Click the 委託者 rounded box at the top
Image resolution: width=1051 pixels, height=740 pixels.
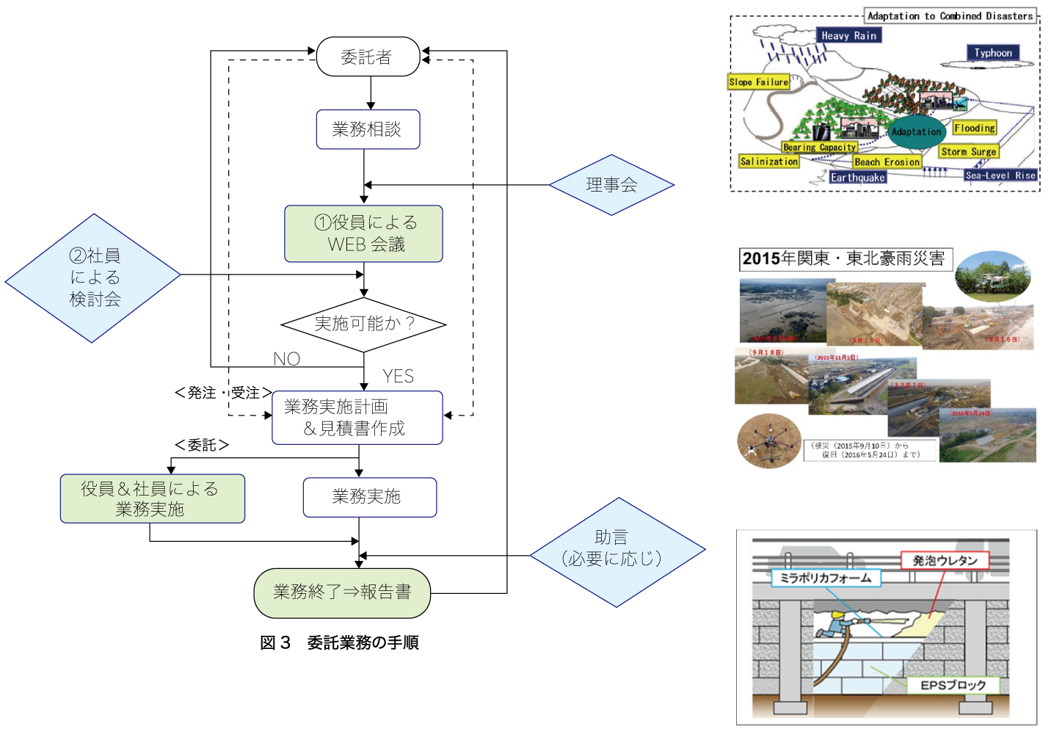[x=368, y=57]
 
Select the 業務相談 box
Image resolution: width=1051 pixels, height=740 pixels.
[x=368, y=129]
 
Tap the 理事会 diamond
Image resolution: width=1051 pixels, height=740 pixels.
[x=611, y=185]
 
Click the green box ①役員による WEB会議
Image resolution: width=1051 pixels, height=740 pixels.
[x=364, y=233]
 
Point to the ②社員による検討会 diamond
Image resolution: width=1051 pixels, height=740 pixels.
[x=93, y=277]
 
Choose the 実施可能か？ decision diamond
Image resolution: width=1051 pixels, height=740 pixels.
[x=364, y=324]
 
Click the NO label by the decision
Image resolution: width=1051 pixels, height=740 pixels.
[x=286, y=358]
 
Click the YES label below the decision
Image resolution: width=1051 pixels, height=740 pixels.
[x=398, y=376]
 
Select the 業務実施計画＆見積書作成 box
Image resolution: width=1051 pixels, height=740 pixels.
[x=357, y=418]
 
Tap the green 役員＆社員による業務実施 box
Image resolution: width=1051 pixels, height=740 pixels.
[x=152, y=498]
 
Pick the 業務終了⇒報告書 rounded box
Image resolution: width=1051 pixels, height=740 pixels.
[x=342, y=592]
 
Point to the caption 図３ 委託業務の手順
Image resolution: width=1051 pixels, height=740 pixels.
[x=339, y=642]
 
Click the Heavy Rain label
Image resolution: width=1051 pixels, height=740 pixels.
[x=848, y=35]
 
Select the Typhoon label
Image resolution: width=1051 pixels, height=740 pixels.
[x=992, y=53]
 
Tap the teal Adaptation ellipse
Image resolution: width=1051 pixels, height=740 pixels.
[x=916, y=132]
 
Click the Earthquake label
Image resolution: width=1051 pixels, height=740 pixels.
[x=857, y=178]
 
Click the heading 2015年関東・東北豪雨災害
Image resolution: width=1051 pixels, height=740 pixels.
[x=845, y=258]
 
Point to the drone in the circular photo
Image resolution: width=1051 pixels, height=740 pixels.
[x=769, y=440]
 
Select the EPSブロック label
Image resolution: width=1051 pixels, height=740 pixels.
[x=953, y=685]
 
